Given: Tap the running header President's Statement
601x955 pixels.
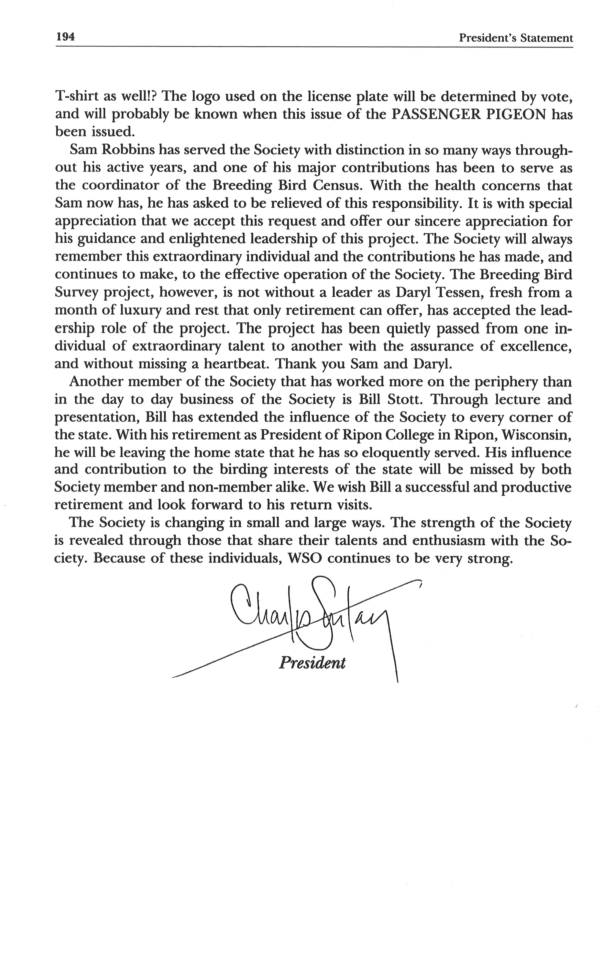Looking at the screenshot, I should click(x=515, y=38).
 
